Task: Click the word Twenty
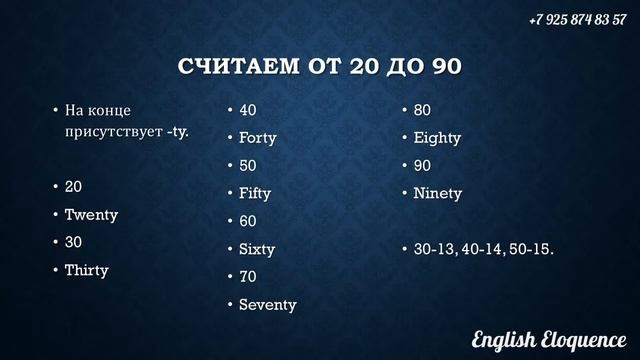tap(91, 215)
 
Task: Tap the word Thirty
tap(87, 270)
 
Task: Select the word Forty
tap(257, 138)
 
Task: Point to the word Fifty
tap(255, 193)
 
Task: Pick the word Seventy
tap(267, 304)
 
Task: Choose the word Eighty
tap(437, 138)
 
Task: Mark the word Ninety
tap(438, 193)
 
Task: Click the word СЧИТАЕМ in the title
tap(237, 68)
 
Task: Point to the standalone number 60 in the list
tap(248, 221)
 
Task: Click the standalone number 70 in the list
tap(248, 276)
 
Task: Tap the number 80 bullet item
tap(422, 110)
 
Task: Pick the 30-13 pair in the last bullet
tap(433, 248)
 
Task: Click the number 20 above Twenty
tap(74, 187)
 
